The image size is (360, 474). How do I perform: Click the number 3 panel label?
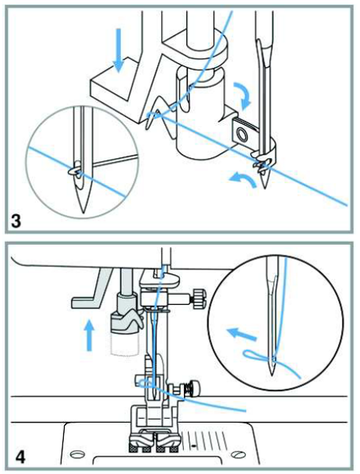click(16, 221)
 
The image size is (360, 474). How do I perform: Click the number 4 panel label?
click(20, 456)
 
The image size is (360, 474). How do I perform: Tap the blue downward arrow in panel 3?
click(119, 51)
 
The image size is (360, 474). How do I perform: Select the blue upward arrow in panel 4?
click(88, 337)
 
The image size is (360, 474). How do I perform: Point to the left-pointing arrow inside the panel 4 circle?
click(241, 334)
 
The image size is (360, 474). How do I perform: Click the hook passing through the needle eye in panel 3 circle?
click(74, 171)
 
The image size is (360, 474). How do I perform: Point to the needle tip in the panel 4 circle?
click(272, 374)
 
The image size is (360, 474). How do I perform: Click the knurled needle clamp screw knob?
click(200, 297)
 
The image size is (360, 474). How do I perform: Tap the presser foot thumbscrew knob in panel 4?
click(194, 388)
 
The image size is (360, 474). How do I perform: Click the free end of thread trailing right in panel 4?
click(246, 411)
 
